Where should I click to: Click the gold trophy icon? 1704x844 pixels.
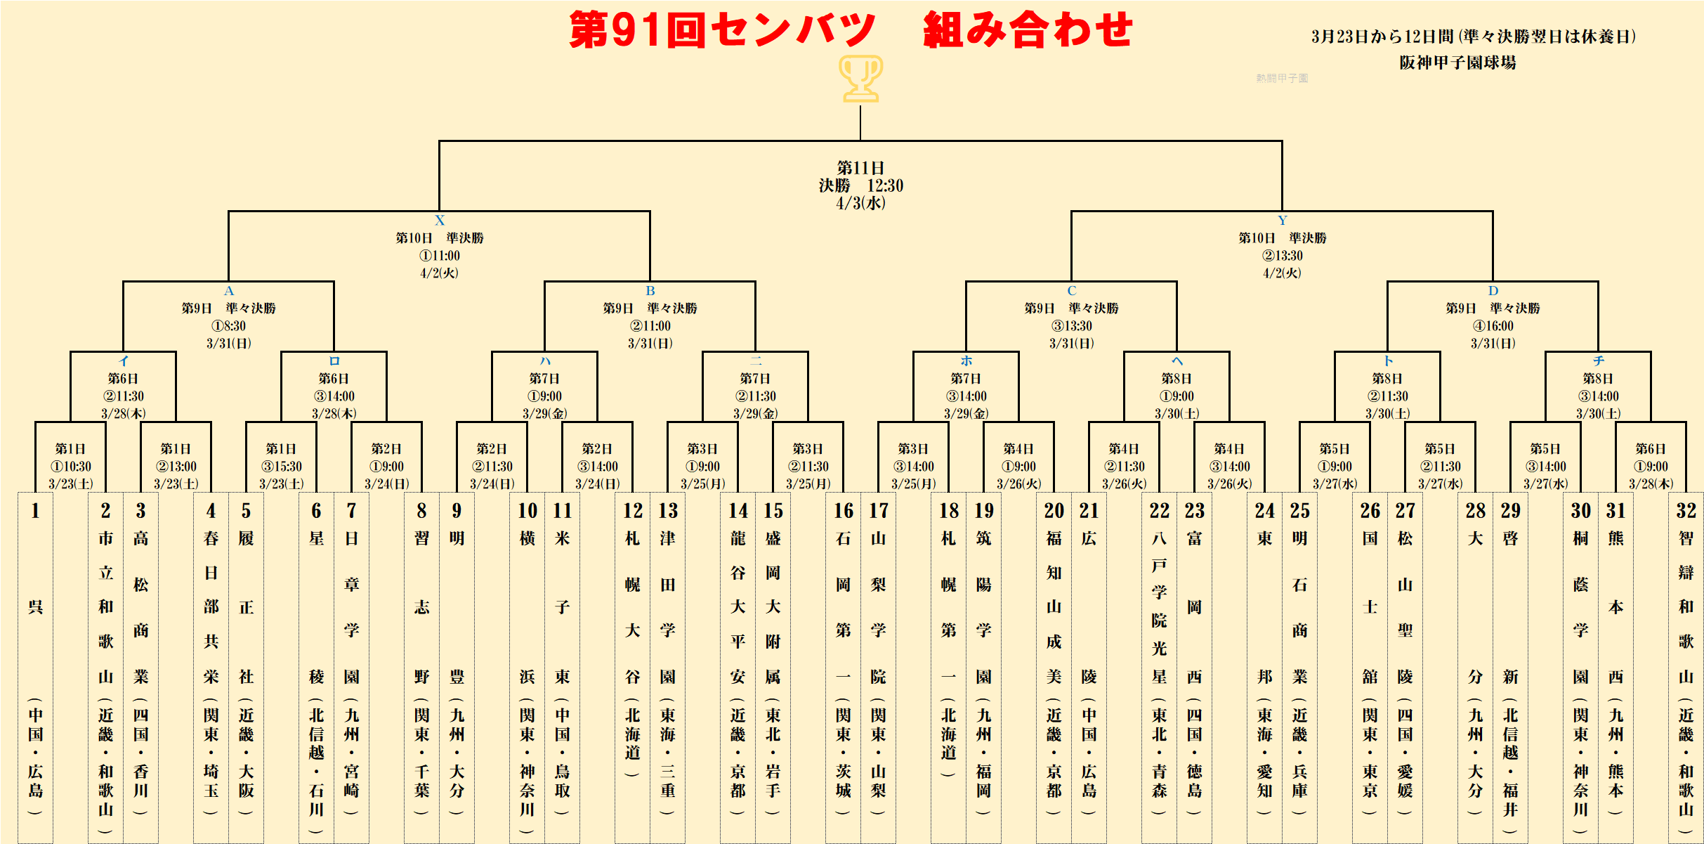point(860,79)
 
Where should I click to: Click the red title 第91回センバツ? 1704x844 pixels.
point(722,30)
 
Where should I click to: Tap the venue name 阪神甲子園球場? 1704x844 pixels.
point(1457,63)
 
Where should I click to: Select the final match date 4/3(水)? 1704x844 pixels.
point(860,203)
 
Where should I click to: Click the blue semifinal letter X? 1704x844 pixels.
point(440,220)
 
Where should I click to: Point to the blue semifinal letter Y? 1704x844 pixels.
point(1283,220)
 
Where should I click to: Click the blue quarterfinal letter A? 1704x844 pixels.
point(229,290)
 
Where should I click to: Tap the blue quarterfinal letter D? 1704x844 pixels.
point(1493,290)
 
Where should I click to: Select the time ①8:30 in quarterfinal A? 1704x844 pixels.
point(229,326)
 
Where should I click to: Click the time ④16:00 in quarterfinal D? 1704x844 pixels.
point(1493,326)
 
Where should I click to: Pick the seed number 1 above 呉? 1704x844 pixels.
point(35,511)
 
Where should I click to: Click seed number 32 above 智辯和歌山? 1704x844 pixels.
point(1686,511)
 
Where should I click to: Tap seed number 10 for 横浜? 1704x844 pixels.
point(527,511)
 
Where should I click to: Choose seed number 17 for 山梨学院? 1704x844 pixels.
point(879,511)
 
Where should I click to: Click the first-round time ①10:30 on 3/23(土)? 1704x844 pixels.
point(70,467)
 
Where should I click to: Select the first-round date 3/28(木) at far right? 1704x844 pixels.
point(1651,484)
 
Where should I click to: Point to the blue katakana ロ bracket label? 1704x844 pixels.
point(334,361)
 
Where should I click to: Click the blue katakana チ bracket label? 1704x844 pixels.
point(1599,361)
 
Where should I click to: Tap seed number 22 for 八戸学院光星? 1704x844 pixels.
point(1160,511)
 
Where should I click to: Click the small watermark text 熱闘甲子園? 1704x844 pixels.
point(1282,78)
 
